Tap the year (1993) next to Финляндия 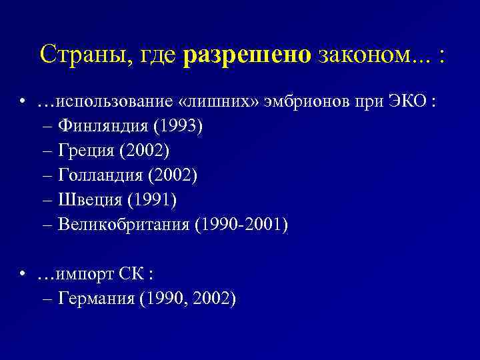[x=176, y=127]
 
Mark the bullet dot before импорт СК [x=23, y=274]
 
